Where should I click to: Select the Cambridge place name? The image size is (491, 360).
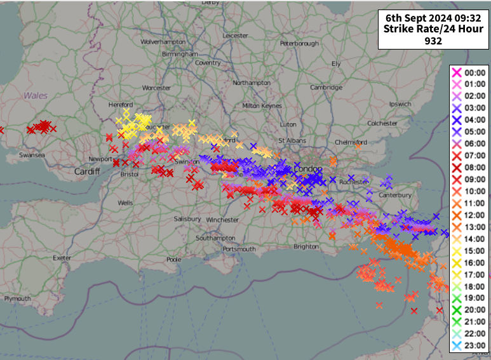coord(326,88)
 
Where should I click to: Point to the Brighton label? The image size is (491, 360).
coord(306,246)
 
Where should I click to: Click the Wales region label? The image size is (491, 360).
coord(36,95)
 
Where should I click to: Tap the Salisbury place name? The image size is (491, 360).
coord(187,219)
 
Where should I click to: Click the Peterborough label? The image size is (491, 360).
coord(299,44)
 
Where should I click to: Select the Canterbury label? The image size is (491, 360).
coord(396,195)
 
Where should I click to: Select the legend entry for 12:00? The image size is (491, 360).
coord(475,215)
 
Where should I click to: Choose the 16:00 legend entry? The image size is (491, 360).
coord(475,263)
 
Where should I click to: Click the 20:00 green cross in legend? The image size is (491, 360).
coord(455,310)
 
